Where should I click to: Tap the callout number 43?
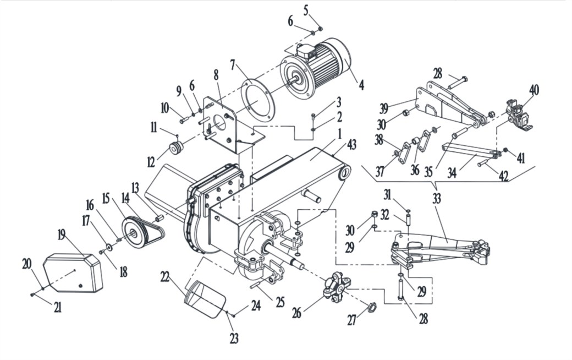pyautogui.click(x=351, y=145)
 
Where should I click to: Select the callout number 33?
pyautogui.click(x=437, y=198)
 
